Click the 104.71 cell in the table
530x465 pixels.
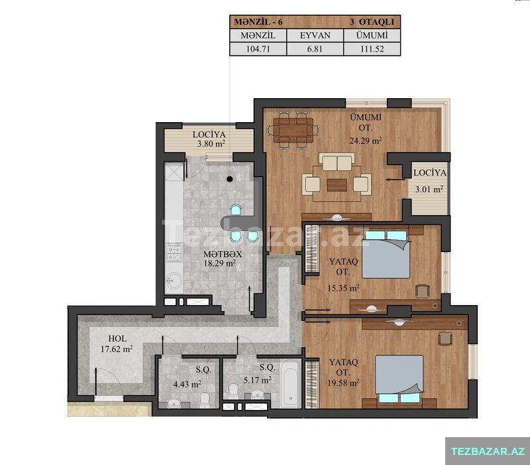tap(258, 48)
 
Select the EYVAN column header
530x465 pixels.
tap(315, 35)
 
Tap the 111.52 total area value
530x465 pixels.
tap(372, 48)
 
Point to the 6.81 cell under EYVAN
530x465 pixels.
tap(315, 48)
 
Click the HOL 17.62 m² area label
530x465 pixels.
tap(117, 344)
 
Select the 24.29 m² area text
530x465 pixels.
tap(366, 141)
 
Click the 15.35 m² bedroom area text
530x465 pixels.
tap(343, 289)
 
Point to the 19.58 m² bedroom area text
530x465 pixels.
tap(343, 383)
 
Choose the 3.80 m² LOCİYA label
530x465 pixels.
tap(209, 139)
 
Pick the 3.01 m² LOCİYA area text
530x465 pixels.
tap(429, 189)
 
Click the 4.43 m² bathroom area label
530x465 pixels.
tap(187, 384)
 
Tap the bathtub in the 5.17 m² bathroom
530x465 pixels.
tap(290, 384)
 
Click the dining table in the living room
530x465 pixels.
tap(293, 130)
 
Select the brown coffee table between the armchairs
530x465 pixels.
tap(337, 185)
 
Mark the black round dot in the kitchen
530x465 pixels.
tap(230, 179)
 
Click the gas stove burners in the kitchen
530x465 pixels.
tap(174, 253)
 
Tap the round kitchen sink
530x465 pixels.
tap(174, 281)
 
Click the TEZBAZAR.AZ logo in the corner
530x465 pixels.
tap(488, 451)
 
